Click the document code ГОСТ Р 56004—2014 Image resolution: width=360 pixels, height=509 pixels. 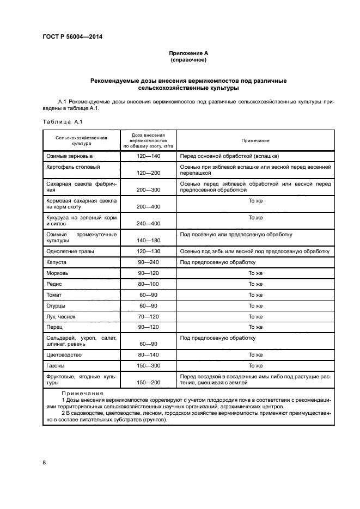[72, 37]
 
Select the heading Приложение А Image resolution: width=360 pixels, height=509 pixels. [188, 53]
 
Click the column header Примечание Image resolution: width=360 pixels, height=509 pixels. [255, 140]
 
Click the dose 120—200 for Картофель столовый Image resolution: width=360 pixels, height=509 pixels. [149, 172]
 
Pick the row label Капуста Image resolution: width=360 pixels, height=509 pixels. [57, 262]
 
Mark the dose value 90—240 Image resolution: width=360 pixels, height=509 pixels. [149, 262]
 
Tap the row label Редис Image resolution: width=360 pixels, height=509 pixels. [54, 284]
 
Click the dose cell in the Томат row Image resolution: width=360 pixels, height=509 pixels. [149, 295]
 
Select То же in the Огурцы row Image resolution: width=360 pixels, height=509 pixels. [255, 305]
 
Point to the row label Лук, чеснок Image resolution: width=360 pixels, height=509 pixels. [61, 316]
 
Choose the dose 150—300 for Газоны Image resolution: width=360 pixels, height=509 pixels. [149, 366]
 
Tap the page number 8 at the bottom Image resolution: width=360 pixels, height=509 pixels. [44, 463]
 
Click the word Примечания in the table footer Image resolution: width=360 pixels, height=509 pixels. [82, 393]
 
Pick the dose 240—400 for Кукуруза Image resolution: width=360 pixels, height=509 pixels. [149, 224]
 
